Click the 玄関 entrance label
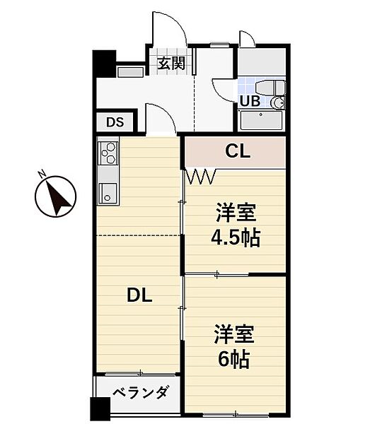(x=171, y=64)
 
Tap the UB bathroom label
(x=249, y=100)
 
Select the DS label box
(x=115, y=122)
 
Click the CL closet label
(x=237, y=151)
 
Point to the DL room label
(x=139, y=296)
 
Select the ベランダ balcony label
(x=139, y=393)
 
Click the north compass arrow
(x=57, y=197)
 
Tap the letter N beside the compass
(x=42, y=174)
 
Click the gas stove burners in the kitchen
(x=108, y=152)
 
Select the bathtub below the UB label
(x=261, y=121)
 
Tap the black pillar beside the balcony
(x=99, y=411)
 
